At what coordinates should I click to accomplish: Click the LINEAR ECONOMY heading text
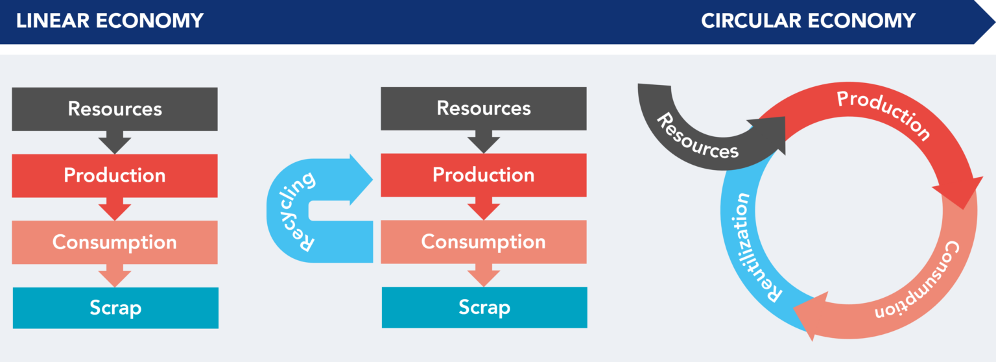(110, 21)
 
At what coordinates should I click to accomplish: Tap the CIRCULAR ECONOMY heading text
(808, 21)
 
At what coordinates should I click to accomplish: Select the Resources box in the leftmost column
(115, 109)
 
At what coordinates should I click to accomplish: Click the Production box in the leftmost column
(115, 176)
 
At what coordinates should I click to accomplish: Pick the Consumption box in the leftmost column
(115, 243)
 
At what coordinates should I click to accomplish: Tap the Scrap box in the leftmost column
(115, 308)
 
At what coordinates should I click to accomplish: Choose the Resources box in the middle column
(484, 108)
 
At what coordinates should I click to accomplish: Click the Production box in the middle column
(484, 175)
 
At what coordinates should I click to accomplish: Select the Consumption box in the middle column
(484, 242)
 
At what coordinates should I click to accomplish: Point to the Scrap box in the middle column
(484, 308)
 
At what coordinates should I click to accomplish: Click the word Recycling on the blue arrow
(296, 211)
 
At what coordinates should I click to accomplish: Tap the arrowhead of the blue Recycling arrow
(361, 180)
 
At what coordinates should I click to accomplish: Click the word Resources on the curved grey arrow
(697, 137)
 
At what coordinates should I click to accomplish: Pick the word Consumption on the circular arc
(919, 281)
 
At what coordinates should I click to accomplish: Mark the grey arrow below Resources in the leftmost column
(115, 142)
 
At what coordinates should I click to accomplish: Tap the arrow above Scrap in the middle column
(484, 275)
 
